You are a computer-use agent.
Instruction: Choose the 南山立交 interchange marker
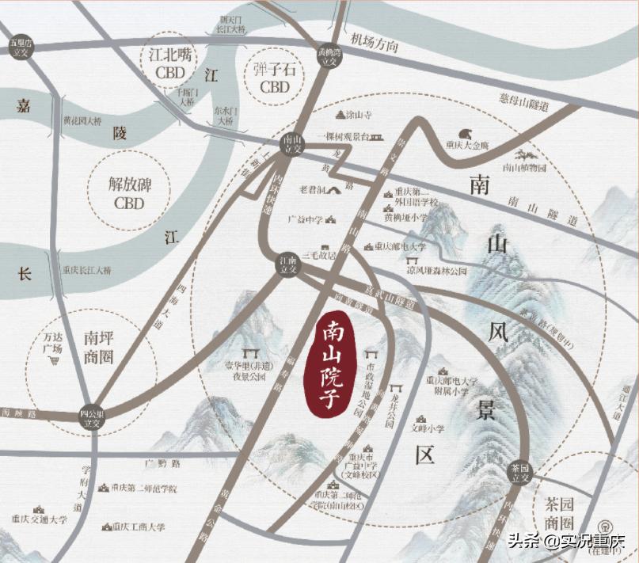click(x=293, y=143)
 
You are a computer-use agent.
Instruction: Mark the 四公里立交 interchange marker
click(x=93, y=417)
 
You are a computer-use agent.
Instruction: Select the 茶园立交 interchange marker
click(x=519, y=472)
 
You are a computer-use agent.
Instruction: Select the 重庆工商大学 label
click(x=138, y=526)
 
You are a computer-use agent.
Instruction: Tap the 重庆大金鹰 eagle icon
click(x=465, y=135)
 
